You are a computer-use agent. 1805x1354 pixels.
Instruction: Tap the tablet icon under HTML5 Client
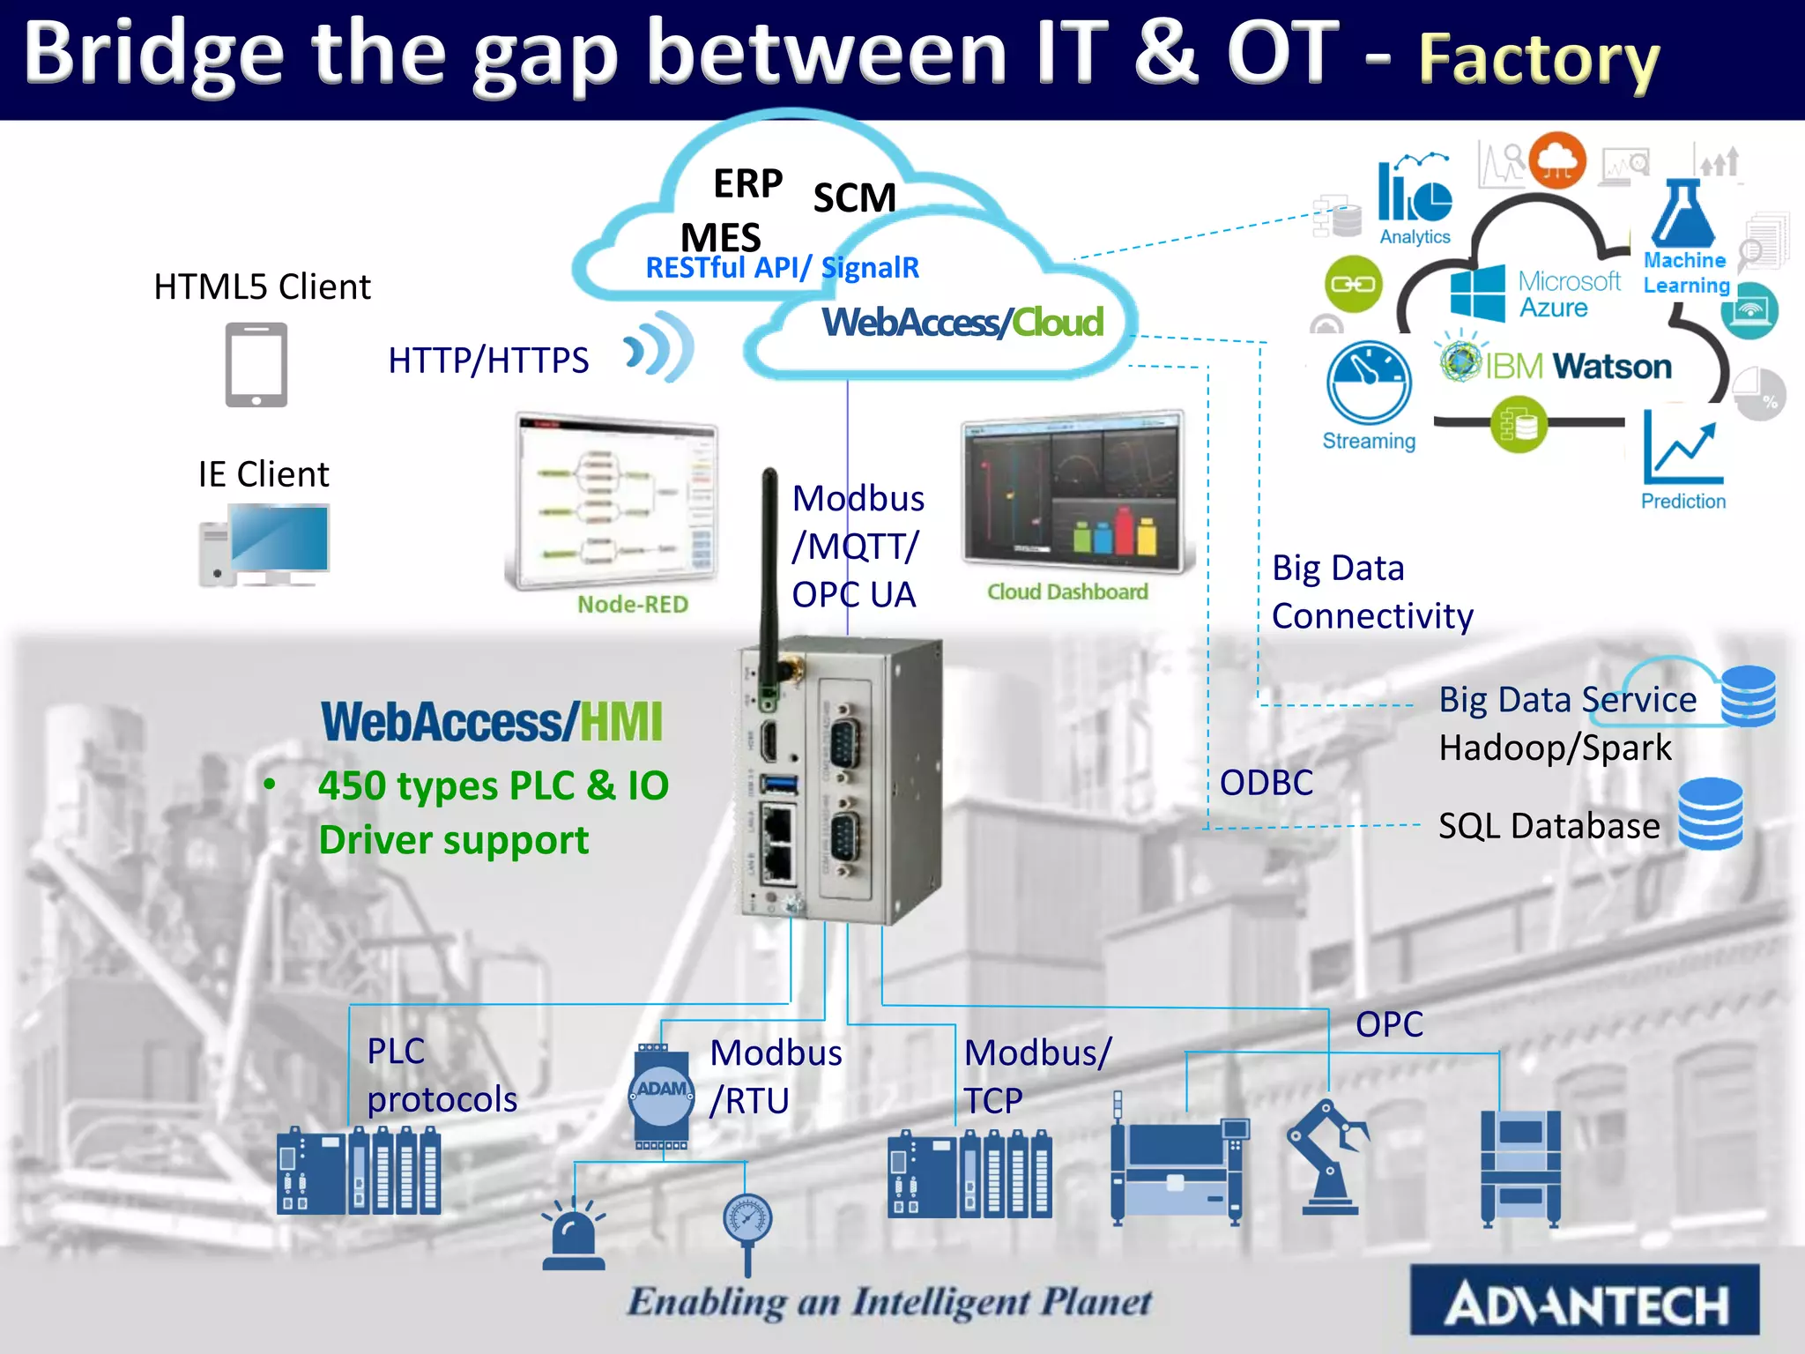coord(256,364)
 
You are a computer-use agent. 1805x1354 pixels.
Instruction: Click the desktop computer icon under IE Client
coord(264,545)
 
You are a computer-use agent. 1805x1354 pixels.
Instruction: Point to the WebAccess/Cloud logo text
coord(962,323)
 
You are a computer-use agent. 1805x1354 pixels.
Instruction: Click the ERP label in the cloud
coord(747,183)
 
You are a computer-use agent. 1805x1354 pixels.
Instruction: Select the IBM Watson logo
coord(1556,365)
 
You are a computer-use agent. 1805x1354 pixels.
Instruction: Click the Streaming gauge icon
coord(1369,383)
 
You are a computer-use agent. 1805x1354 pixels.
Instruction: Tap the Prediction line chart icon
coord(1682,450)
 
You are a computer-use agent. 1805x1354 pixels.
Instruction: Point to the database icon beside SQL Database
coord(1710,813)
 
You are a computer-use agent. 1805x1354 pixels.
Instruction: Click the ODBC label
coord(1266,782)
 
